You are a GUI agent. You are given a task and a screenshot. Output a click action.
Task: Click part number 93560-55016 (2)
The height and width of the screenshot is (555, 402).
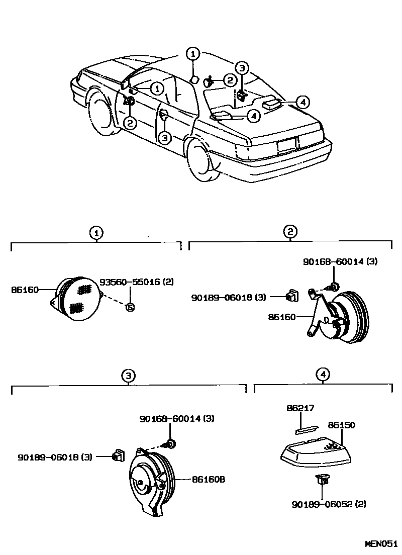click(x=136, y=282)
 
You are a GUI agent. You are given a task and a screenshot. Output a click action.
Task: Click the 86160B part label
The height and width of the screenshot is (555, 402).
click(x=208, y=479)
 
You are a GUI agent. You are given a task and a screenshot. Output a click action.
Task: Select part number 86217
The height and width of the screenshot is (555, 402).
click(x=300, y=409)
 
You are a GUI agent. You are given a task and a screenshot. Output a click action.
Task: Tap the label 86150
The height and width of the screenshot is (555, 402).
click(x=341, y=425)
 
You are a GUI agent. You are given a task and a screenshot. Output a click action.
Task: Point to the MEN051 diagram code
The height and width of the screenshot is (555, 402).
click(x=381, y=544)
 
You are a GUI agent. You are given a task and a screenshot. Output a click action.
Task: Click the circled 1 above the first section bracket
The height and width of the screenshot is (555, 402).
click(x=96, y=232)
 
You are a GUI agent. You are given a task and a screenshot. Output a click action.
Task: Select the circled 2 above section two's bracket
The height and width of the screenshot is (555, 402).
click(x=290, y=232)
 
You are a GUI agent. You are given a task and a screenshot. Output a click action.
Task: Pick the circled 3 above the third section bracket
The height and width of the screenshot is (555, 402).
click(x=129, y=375)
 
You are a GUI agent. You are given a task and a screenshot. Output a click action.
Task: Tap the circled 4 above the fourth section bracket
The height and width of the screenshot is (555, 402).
click(x=324, y=375)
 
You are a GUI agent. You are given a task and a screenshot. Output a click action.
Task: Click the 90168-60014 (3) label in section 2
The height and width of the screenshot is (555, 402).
click(x=340, y=261)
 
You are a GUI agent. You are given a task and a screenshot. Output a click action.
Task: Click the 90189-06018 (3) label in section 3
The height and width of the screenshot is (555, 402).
click(x=55, y=457)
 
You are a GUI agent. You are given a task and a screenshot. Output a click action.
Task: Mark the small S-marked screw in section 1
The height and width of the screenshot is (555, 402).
click(x=130, y=307)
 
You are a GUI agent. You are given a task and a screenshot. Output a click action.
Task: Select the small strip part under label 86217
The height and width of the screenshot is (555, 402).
click(x=307, y=428)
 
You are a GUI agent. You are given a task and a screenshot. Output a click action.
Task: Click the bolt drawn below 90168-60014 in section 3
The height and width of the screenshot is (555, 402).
click(x=170, y=444)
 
